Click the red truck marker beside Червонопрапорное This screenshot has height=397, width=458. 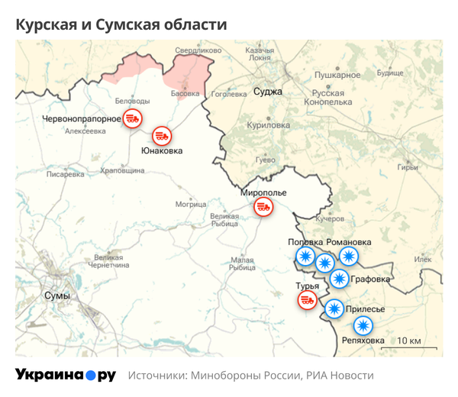click(134, 118)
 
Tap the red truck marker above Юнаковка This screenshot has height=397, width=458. click(161, 136)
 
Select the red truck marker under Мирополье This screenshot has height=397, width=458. click(263, 206)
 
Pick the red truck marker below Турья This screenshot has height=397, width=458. click(308, 300)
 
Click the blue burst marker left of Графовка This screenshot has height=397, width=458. click(340, 279)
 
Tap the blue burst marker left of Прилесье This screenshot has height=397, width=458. click(334, 309)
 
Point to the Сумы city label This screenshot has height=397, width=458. click(57, 295)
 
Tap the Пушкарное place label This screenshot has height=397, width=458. click(337, 75)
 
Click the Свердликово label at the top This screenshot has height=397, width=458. click(192, 50)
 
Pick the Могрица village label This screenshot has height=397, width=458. click(191, 205)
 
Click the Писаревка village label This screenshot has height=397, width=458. click(66, 174)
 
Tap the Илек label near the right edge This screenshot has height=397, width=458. click(423, 260)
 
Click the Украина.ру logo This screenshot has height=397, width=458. click(66, 375)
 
